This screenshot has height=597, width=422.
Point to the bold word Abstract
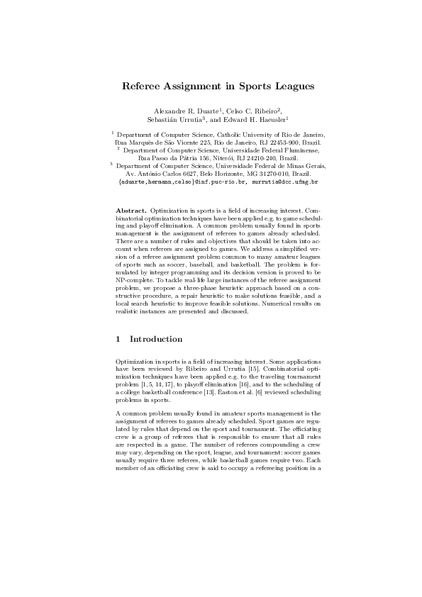pos(131,212)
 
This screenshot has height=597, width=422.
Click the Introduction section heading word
pos(155,339)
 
